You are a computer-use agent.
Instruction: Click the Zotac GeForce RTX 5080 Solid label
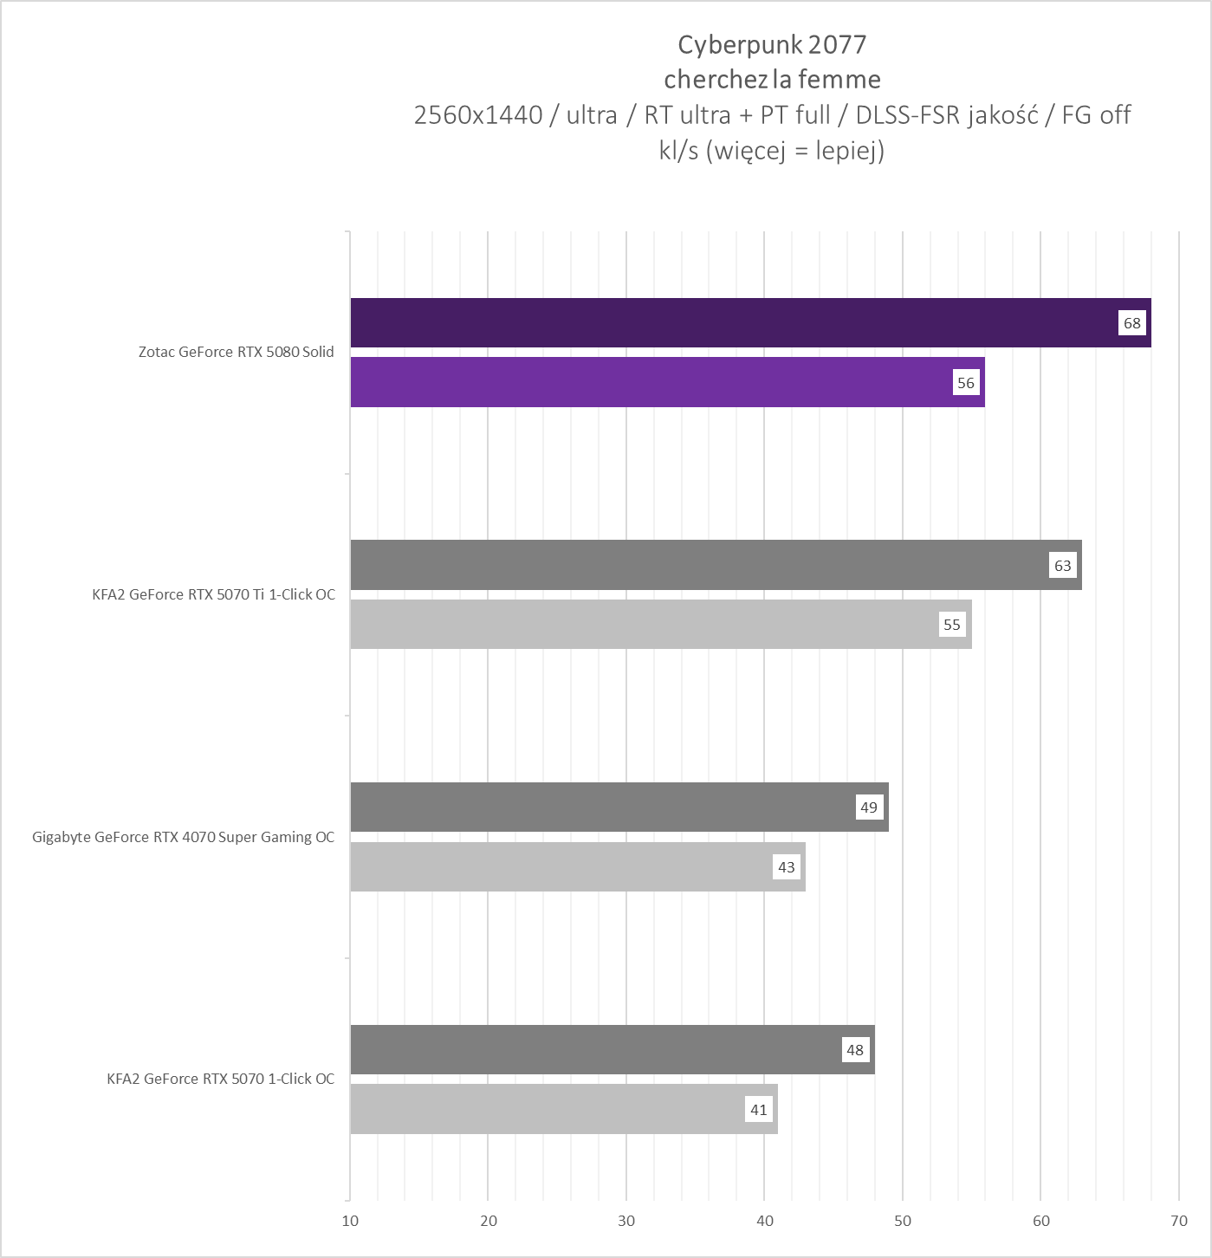(x=237, y=352)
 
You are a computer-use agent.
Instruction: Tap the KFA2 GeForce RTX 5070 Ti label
(x=213, y=594)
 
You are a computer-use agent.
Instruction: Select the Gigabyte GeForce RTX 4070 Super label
(x=183, y=837)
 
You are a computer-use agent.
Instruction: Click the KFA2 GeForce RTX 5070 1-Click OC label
(x=220, y=1079)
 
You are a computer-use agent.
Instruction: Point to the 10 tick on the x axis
(x=350, y=1221)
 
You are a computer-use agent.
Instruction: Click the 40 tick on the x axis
(x=765, y=1221)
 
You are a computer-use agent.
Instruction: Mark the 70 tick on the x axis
(x=1179, y=1221)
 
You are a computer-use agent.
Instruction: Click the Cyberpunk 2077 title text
(x=772, y=44)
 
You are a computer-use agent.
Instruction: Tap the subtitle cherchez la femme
(x=772, y=80)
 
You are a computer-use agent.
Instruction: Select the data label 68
(x=1132, y=323)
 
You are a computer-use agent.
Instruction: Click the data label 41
(x=759, y=1109)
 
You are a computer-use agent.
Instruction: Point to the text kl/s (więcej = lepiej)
(x=772, y=151)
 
